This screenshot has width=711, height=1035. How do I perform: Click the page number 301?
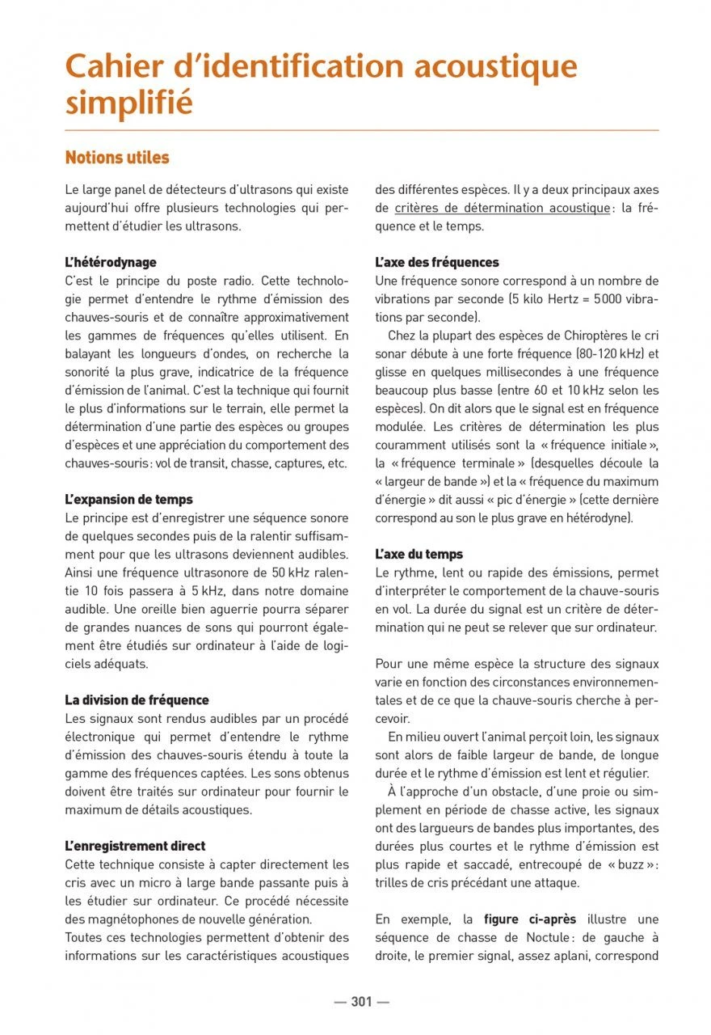point(361,1002)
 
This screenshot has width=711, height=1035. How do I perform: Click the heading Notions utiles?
point(117,157)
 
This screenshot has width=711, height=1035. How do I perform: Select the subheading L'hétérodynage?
point(111,263)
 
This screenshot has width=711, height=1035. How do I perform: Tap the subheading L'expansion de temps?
point(128,500)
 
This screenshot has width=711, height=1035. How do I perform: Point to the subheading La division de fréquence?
point(137,700)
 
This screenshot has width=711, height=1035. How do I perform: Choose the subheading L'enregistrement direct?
point(135,846)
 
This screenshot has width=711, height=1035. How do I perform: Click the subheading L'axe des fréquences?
point(437,263)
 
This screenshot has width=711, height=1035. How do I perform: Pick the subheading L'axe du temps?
point(419,554)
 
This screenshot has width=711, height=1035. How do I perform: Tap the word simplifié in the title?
point(129,103)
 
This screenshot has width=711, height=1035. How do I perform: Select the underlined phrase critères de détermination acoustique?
point(502,209)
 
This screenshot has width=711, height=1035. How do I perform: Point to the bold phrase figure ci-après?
point(531,919)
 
